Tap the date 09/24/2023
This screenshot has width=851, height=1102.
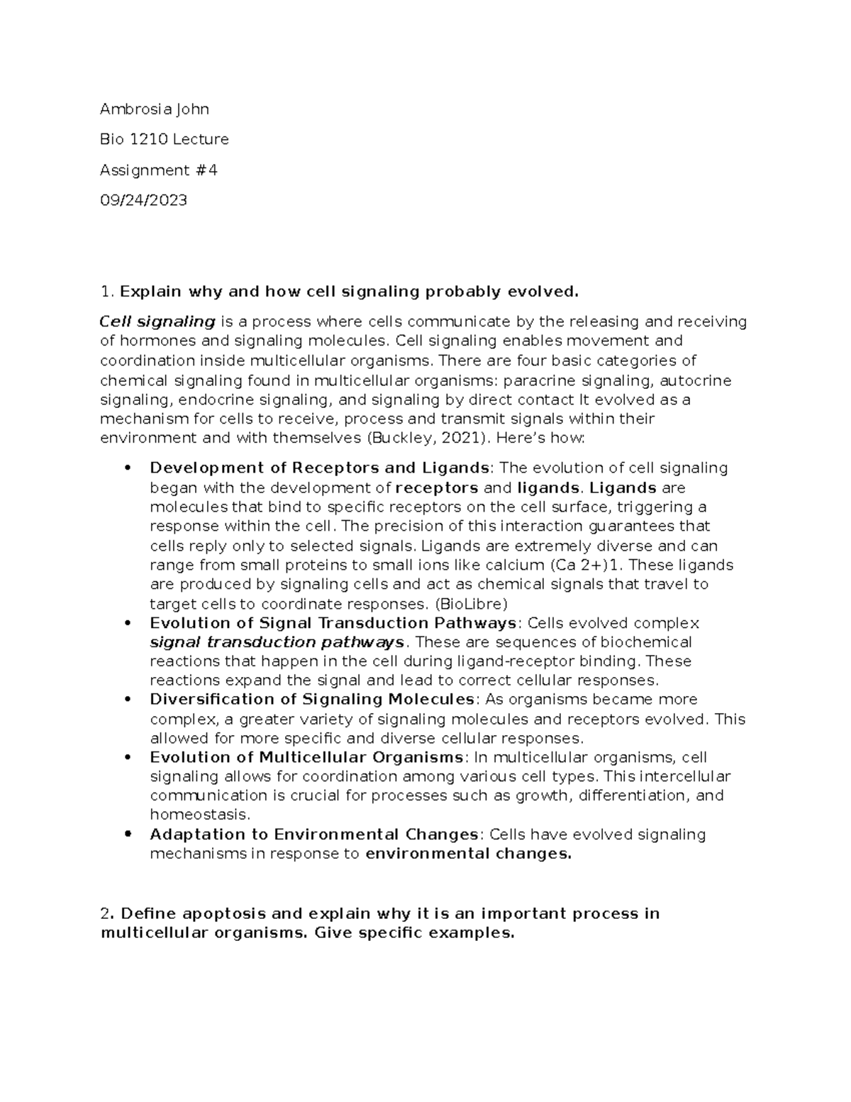(x=143, y=201)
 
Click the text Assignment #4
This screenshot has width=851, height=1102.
(x=158, y=170)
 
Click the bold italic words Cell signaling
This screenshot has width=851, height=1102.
(x=157, y=322)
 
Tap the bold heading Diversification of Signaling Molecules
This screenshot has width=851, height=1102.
(x=311, y=700)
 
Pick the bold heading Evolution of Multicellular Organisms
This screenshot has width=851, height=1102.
(x=306, y=757)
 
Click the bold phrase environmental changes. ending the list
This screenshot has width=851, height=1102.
(x=468, y=854)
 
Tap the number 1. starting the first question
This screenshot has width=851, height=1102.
(x=107, y=292)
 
